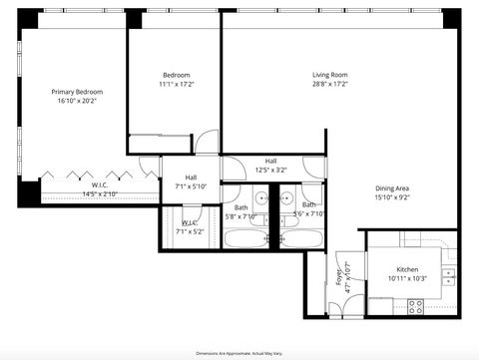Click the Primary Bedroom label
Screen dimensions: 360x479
pyautogui.click(x=77, y=92)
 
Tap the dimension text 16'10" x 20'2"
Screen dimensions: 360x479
pyautogui.click(x=77, y=101)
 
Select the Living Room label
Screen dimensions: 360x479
pyautogui.click(x=329, y=74)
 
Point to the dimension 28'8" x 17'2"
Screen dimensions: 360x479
pyautogui.click(x=329, y=83)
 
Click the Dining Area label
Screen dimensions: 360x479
pyautogui.click(x=392, y=188)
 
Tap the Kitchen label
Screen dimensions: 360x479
pyautogui.click(x=407, y=270)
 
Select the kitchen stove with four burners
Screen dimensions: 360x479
pyautogui.click(x=416, y=307)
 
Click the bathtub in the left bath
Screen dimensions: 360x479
pyautogui.click(x=244, y=239)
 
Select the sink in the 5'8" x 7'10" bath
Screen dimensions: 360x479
pyautogui.click(x=259, y=199)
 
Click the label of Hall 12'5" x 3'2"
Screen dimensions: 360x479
pyautogui.click(x=270, y=161)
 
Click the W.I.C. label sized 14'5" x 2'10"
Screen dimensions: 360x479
pyautogui.click(x=100, y=184)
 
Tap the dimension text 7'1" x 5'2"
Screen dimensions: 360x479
pyautogui.click(x=190, y=231)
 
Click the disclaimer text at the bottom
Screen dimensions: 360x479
pyautogui.click(x=239, y=352)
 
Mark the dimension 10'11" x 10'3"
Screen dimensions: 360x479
pyautogui.click(x=407, y=279)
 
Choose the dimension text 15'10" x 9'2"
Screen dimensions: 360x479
pyautogui.click(x=392, y=197)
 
